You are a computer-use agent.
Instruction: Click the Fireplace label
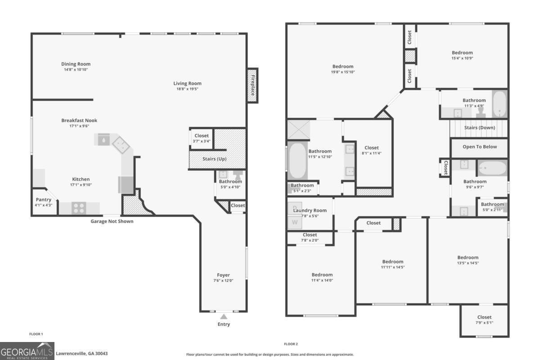(x=252, y=85)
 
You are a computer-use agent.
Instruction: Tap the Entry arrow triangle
(x=224, y=317)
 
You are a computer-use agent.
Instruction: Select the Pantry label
(x=43, y=200)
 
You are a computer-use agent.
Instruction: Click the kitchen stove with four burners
(x=79, y=208)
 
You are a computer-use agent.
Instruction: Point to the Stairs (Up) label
(x=215, y=159)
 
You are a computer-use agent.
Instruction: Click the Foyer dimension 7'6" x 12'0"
(x=223, y=280)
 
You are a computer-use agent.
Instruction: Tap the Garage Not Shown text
(x=112, y=221)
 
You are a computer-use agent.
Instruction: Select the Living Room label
(x=188, y=83)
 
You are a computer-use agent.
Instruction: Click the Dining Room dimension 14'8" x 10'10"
(x=76, y=70)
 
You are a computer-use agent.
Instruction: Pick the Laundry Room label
(x=310, y=210)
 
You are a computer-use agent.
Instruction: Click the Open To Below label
(x=480, y=147)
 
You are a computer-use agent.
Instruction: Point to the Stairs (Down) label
(x=480, y=128)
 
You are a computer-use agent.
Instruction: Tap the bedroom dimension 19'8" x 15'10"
(x=343, y=72)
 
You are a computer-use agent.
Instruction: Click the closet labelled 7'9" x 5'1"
(x=484, y=317)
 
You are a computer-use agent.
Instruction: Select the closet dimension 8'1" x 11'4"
(x=372, y=153)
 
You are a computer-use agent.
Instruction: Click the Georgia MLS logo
(x=27, y=351)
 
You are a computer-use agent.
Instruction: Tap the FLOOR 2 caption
(x=291, y=344)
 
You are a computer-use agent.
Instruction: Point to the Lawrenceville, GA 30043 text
(x=81, y=354)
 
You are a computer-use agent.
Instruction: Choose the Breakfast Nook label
(x=79, y=121)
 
